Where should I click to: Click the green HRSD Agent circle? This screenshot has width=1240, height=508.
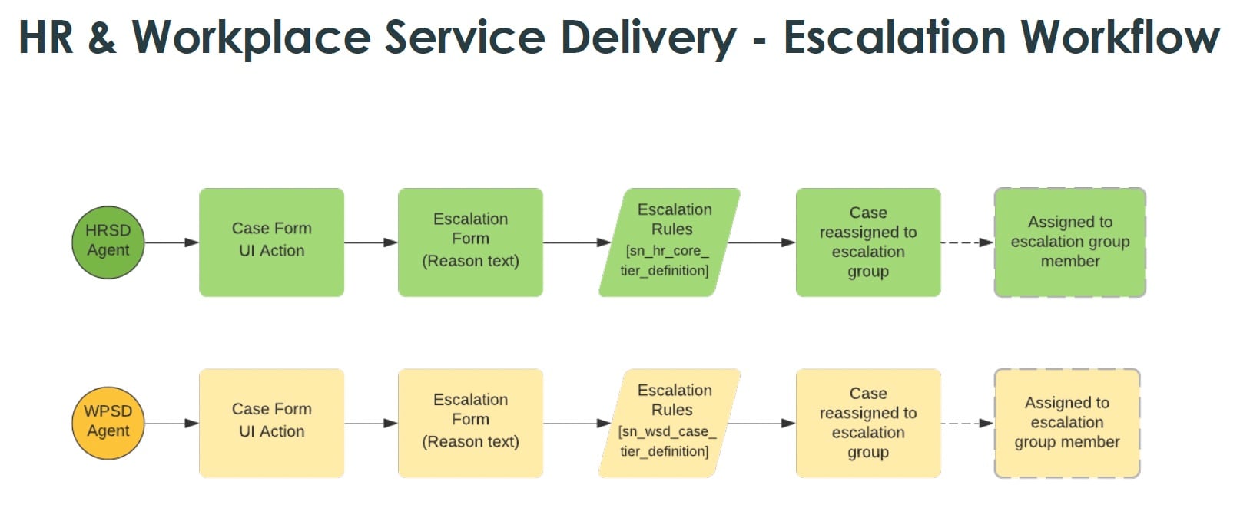click(x=108, y=242)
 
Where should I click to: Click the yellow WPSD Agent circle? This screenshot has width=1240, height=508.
click(x=108, y=423)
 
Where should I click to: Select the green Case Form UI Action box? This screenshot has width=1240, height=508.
click(x=271, y=242)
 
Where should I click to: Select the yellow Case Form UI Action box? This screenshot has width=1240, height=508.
click(x=271, y=423)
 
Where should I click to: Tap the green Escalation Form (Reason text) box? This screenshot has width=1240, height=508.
click(x=470, y=242)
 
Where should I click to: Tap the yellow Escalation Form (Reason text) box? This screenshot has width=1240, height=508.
click(x=470, y=423)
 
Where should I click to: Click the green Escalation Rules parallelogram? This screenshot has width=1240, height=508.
click(x=670, y=242)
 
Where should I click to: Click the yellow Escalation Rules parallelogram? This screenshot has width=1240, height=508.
click(x=670, y=423)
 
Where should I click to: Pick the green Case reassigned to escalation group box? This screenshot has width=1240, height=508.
click(x=868, y=242)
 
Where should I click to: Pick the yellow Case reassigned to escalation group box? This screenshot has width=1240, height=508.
click(x=868, y=423)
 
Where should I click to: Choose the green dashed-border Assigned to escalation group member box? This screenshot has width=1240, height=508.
click(x=1069, y=242)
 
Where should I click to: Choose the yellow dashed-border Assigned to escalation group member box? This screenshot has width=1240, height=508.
click(x=1066, y=423)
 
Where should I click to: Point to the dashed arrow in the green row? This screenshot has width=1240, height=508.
click(x=966, y=242)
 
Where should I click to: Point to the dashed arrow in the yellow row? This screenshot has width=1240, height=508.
click(x=966, y=424)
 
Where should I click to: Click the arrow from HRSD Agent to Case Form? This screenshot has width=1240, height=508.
click(x=171, y=242)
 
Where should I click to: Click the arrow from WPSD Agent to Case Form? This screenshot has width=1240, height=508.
click(x=171, y=424)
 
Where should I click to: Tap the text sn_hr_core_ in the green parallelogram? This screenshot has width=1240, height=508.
click(x=667, y=251)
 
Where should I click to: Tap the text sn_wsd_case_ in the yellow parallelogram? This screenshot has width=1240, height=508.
click(x=667, y=432)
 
